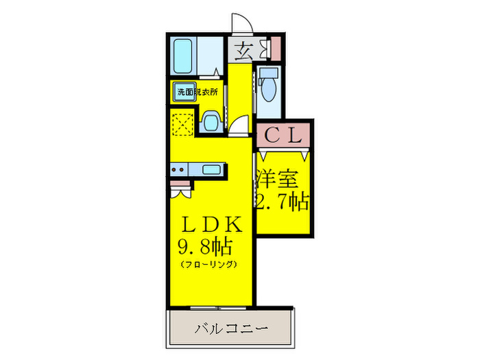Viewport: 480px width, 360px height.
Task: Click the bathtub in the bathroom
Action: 182,56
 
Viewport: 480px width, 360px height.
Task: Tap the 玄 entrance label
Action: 244,50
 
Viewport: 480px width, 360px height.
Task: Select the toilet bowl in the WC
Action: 269,88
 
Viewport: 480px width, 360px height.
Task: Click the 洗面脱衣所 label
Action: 197,92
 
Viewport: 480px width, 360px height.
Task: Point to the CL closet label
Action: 283,135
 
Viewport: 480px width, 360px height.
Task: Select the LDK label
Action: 212,224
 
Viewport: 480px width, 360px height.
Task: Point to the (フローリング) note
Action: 208,264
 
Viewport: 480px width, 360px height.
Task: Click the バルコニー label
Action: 232,329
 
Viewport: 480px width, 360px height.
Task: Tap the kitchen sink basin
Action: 211,169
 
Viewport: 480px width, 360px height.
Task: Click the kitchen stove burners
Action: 178,169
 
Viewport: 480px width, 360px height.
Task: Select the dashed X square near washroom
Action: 183,124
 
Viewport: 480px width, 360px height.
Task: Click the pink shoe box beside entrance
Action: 276,48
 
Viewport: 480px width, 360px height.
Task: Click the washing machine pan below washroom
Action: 211,122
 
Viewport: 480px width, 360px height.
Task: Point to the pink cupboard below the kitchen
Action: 180,184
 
